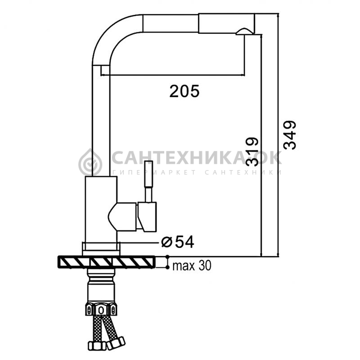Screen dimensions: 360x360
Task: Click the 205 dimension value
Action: click(184, 91)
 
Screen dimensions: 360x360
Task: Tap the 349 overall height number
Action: click(289, 135)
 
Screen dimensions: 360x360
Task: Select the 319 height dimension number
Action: click(252, 152)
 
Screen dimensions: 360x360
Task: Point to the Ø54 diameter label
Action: click(177, 242)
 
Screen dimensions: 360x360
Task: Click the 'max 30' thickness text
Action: click(192, 265)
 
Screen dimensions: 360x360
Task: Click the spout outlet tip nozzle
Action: click(244, 31)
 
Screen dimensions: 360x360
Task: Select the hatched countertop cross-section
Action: click(106, 262)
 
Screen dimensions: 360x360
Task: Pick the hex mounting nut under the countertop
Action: click(101, 310)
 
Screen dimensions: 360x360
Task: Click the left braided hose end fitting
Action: click(97, 345)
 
